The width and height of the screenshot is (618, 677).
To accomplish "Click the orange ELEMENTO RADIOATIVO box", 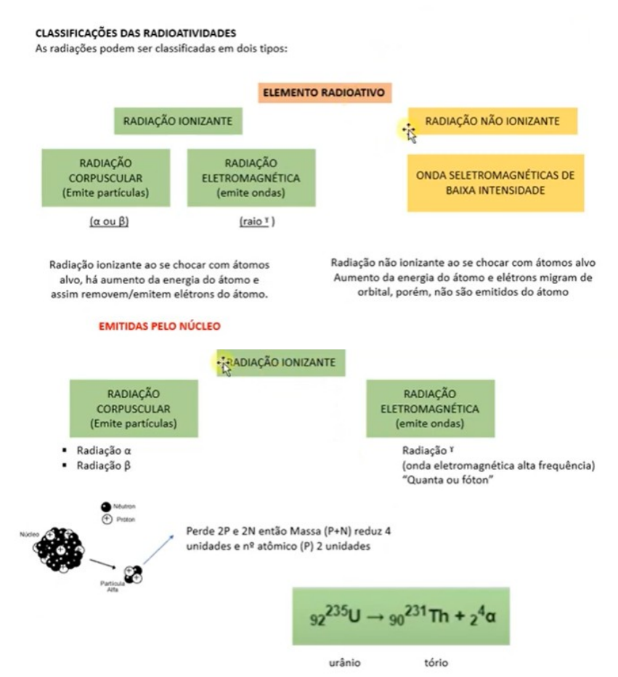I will pyautogui.click(x=323, y=93).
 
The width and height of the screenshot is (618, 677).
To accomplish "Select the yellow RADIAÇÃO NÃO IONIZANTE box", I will pyautogui.click(x=492, y=121).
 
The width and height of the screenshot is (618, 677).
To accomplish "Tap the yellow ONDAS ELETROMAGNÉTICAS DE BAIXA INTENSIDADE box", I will pyautogui.click(x=495, y=182).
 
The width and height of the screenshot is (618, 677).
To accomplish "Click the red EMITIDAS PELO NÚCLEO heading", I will pyautogui.click(x=160, y=327).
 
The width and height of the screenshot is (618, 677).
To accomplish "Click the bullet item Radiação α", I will pyautogui.click(x=104, y=450).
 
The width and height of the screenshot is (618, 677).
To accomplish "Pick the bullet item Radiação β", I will pyautogui.click(x=104, y=466).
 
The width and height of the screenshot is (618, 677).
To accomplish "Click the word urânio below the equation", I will pyautogui.click(x=344, y=662).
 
